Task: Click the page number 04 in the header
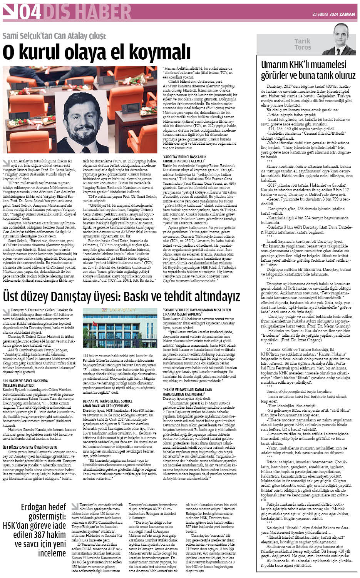[x=30, y=12]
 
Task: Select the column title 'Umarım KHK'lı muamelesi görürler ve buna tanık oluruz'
[x=308, y=69]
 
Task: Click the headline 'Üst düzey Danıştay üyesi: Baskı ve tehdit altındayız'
[x=122, y=297]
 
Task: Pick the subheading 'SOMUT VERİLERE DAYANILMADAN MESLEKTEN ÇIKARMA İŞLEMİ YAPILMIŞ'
[x=197, y=312]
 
